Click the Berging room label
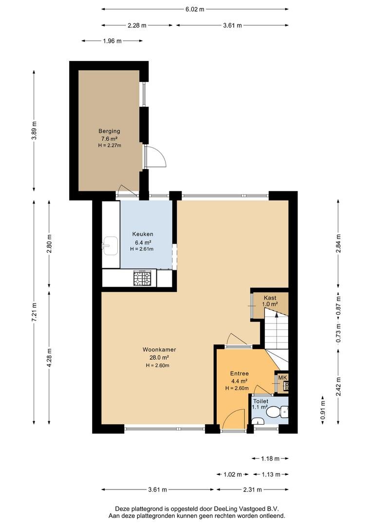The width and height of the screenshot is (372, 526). pos(109,131)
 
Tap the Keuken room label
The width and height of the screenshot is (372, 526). pos(143,234)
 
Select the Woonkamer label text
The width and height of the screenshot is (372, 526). pos(159,350)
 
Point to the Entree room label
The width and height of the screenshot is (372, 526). pos(240,374)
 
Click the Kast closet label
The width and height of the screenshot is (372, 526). pos(270,298)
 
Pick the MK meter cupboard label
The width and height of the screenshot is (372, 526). pos(283,378)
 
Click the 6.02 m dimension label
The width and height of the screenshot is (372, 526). pos(195,9)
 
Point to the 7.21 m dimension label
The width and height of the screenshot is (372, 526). pos(34,312)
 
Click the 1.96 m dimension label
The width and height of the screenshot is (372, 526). pos(112,41)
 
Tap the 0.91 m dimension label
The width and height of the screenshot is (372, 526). pos(323,410)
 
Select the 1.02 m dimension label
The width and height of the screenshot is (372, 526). pos(233,474)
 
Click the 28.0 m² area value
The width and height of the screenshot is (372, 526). pos(159,357)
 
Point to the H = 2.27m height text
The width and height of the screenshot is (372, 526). pos(110,146)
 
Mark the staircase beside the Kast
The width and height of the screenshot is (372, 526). pos(277,339)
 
